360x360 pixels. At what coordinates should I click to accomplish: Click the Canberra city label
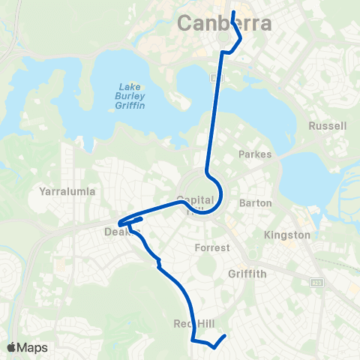pos(224,23)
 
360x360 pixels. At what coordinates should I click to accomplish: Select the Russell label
pos(328,126)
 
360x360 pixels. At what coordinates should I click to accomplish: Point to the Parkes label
pos(254,154)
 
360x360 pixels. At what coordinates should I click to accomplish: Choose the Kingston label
pos(286,235)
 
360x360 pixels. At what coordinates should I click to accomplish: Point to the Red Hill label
pos(194,323)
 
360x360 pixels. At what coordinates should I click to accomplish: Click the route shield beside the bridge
pos(215,78)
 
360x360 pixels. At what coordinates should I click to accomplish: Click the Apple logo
pos(12,347)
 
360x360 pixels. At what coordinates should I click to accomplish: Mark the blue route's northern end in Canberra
pos(232,12)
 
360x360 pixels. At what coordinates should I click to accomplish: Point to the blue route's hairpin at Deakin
pos(120,222)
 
